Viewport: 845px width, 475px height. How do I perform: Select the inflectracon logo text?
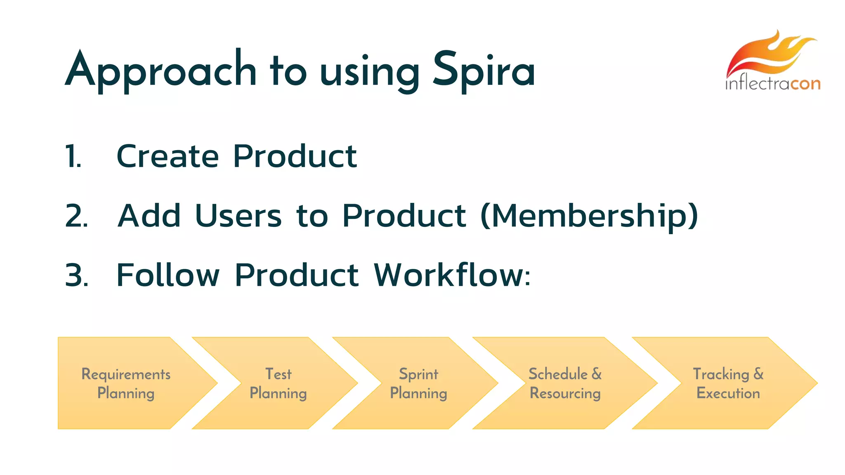pyautogui.click(x=772, y=84)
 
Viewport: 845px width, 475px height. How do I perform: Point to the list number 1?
pyautogui.click(x=73, y=157)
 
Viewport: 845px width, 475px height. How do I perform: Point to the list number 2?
pyautogui.click(x=76, y=216)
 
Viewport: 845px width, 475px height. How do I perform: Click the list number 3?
pyautogui.click(x=77, y=275)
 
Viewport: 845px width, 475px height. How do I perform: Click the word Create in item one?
pyautogui.click(x=168, y=157)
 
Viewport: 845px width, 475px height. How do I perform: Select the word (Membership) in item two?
pyautogui.click(x=589, y=216)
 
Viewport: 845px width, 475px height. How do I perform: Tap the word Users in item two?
pyautogui.click(x=238, y=216)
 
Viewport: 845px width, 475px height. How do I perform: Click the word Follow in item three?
pyautogui.click(x=168, y=275)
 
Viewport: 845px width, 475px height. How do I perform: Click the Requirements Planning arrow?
pyautogui.click(x=126, y=383)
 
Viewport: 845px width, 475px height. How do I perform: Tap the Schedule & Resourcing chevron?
pyautogui.click(x=565, y=383)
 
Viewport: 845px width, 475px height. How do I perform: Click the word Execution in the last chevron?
pyautogui.click(x=728, y=393)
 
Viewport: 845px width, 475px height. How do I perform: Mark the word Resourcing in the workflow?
pyautogui.click(x=565, y=393)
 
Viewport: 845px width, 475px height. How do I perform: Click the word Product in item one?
pyautogui.click(x=295, y=157)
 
